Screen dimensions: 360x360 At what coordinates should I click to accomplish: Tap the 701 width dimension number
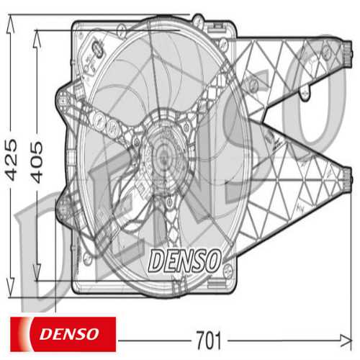tap(210, 338)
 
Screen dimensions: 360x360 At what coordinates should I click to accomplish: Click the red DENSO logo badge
tap(62, 331)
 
